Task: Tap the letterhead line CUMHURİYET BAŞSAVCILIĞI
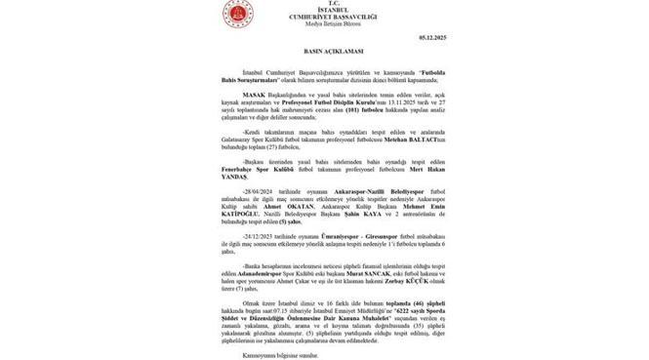click(x=327, y=18)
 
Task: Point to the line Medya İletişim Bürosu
click(x=327, y=25)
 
